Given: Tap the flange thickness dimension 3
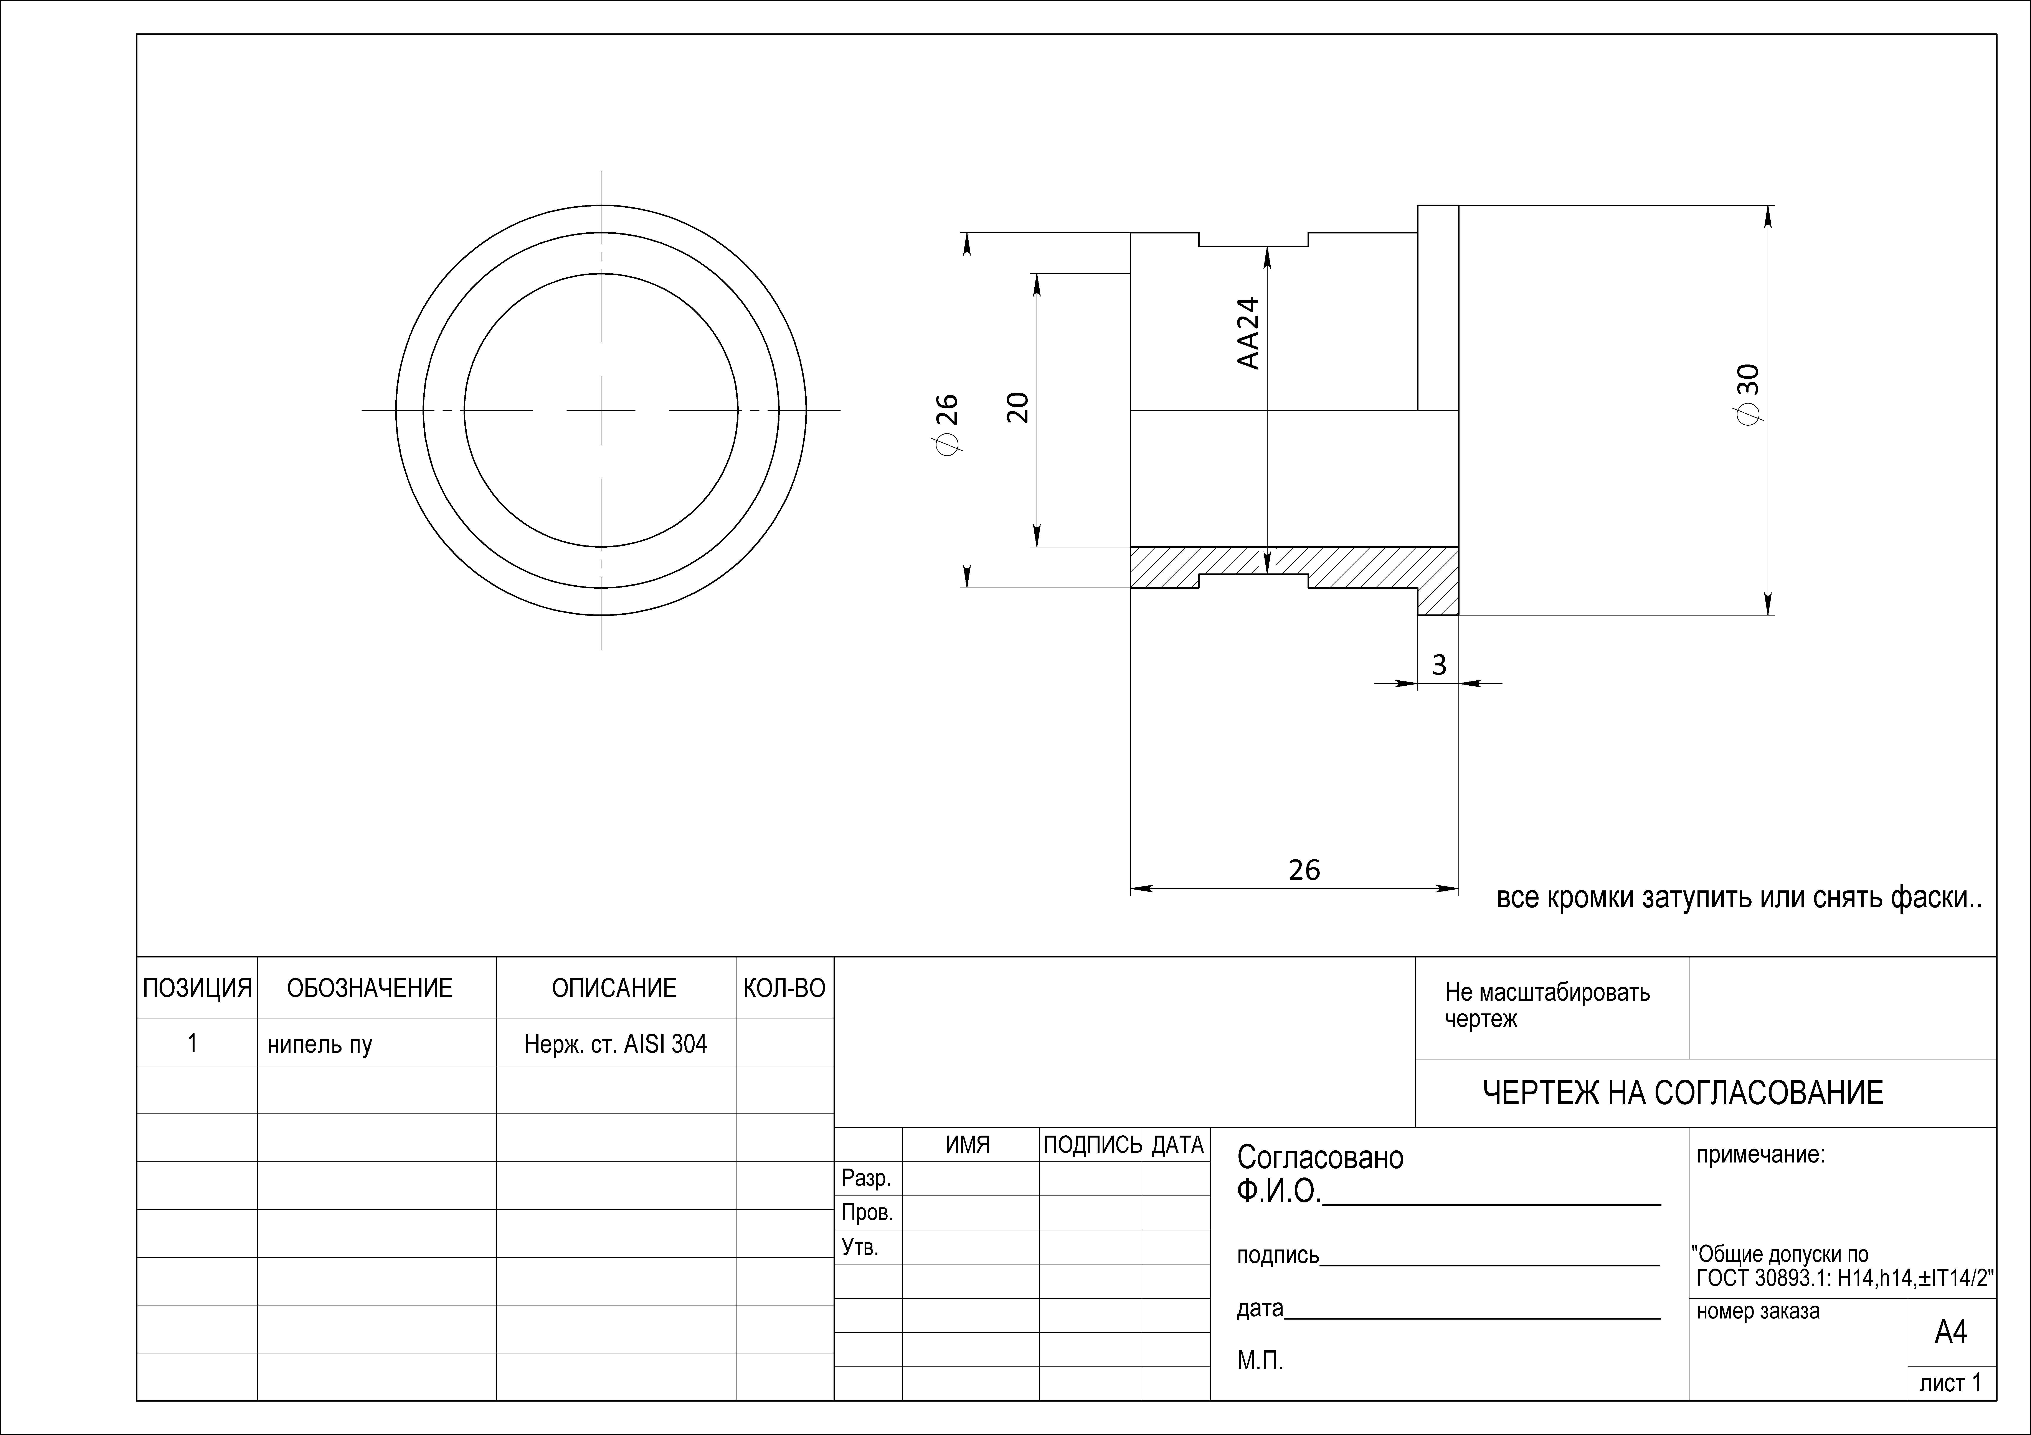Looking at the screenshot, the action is (1439, 664).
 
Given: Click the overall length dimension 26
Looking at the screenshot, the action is (1304, 870).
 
